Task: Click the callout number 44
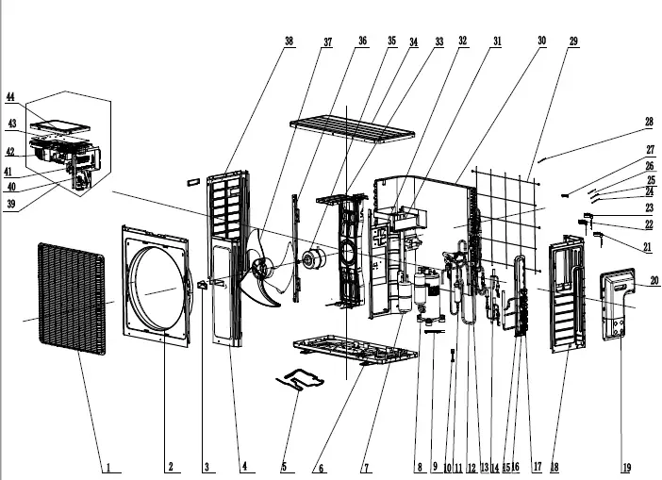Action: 10,96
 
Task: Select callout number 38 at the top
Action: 289,41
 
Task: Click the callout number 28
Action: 649,122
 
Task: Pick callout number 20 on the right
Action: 654,280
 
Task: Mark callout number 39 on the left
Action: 11,203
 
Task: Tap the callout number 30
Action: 541,41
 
